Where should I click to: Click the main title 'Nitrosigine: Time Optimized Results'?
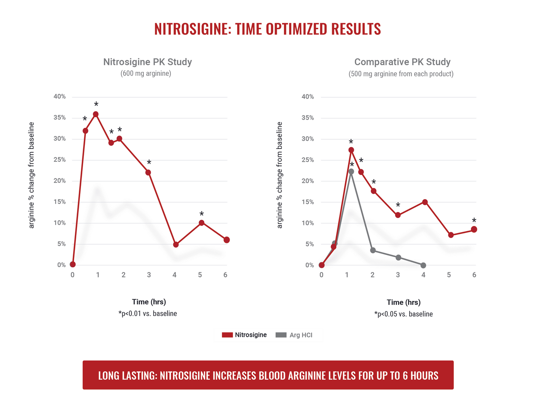coord(267,29)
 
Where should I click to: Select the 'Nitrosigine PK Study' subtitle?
coord(147,62)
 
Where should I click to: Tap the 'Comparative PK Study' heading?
coord(402,62)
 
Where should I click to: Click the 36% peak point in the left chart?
coord(96,114)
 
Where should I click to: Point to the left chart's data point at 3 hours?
coord(148,173)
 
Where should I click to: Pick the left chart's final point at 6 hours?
coord(226,240)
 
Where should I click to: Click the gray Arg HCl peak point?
coord(351,172)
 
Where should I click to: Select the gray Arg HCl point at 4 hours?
coord(423,265)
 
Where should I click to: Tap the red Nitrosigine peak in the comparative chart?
coord(351,150)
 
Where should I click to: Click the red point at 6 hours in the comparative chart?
coord(474,230)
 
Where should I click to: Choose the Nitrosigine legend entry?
coord(245,335)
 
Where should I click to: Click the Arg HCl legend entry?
coord(294,335)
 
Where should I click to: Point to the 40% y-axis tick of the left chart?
coord(60,96)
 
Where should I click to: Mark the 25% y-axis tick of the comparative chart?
coord(308,160)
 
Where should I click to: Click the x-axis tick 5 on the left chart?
coord(200,275)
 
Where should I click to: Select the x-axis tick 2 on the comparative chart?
coord(372,275)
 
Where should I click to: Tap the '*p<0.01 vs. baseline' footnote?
coord(148,314)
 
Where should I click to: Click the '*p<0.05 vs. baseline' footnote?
coord(403,314)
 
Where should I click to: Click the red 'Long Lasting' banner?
coord(268,375)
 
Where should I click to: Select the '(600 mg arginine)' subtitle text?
coord(146,74)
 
